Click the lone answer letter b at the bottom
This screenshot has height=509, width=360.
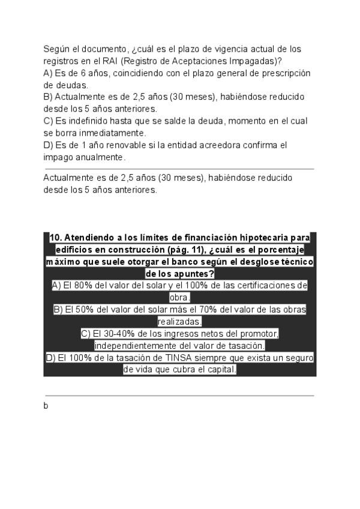click(x=46, y=406)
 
